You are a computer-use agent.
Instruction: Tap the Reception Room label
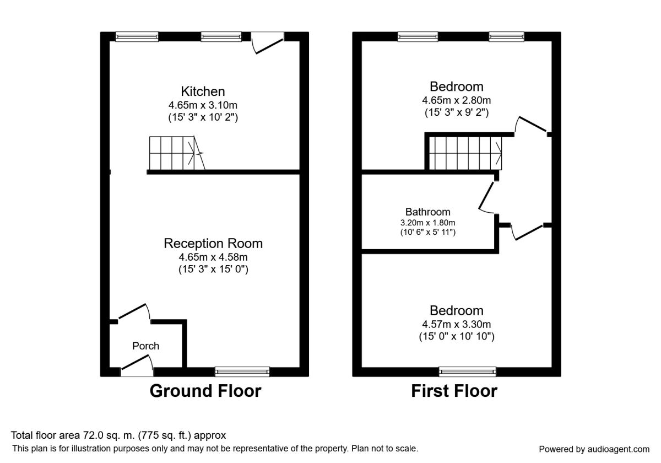(213, 243)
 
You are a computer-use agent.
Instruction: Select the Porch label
(146, 346)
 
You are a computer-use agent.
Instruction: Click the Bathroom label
(427, 212)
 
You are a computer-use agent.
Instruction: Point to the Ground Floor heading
(205, 391)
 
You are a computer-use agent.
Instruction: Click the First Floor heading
(454, 391)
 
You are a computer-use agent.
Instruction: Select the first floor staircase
(465, 153)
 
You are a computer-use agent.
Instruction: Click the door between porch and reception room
(134, 312)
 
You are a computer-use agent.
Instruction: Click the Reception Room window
(242, 372)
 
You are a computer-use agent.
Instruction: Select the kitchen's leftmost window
(137, 37)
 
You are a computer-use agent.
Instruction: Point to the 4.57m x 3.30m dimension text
(457, 324)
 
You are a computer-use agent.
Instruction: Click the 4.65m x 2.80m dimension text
(457, 100)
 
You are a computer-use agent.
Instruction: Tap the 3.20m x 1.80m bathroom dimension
(427, 223)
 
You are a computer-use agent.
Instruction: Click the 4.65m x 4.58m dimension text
(213, 257)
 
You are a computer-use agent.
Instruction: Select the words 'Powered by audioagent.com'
(594, 449)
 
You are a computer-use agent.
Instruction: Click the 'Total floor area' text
(118, 435)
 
